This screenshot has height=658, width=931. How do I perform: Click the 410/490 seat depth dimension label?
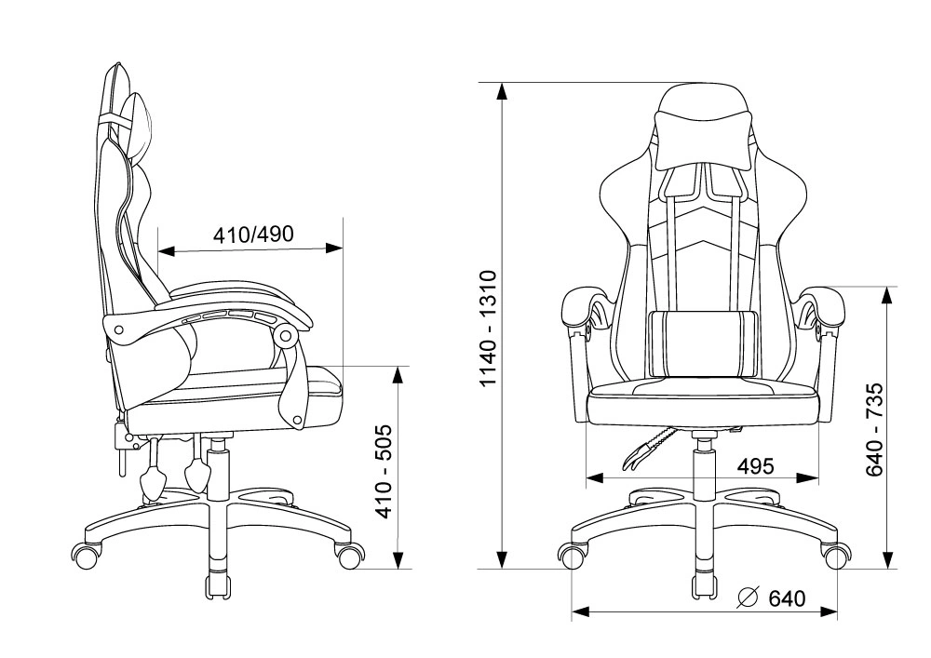tap(253, 235)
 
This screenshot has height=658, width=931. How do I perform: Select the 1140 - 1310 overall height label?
tap(489, 329)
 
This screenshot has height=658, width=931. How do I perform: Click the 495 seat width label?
tap(755, 466)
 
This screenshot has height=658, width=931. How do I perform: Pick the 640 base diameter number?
tap(787, 598)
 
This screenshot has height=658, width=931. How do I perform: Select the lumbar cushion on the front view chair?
tap(704, 343)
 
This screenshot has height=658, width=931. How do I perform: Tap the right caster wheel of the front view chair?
tap(835, 556)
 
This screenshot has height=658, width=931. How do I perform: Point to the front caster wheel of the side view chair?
tap(350, 556)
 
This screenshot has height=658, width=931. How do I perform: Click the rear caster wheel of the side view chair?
tap(86, 556)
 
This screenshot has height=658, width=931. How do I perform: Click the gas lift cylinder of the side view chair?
tap(218, 474)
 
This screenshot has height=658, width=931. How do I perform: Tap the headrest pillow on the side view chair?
tap(140, 126)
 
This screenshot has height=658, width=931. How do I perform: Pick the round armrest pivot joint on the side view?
tap(288, 336)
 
